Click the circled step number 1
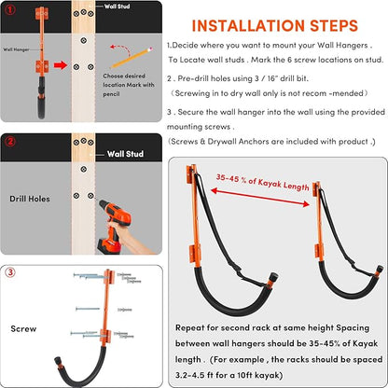[x=10, y=9]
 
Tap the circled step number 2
[x=10, y=142]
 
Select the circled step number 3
[x=10, y=272]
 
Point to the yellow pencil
[x=132, y=58]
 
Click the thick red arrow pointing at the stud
[x=61, y=65]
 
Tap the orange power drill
[x=113, y=225]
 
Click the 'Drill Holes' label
[x=30, y=199]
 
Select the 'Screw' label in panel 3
[x=23, y=328]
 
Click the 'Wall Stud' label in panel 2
[x=125, y=154]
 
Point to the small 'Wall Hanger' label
[x=16, y=49]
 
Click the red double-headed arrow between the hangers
[x=260, y=197]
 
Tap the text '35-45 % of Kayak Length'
[x=263, y=182]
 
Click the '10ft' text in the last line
[x=245, y=375]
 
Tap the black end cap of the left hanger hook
[x=273, y=276]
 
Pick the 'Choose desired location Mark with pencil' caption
[x=129, y=85]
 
